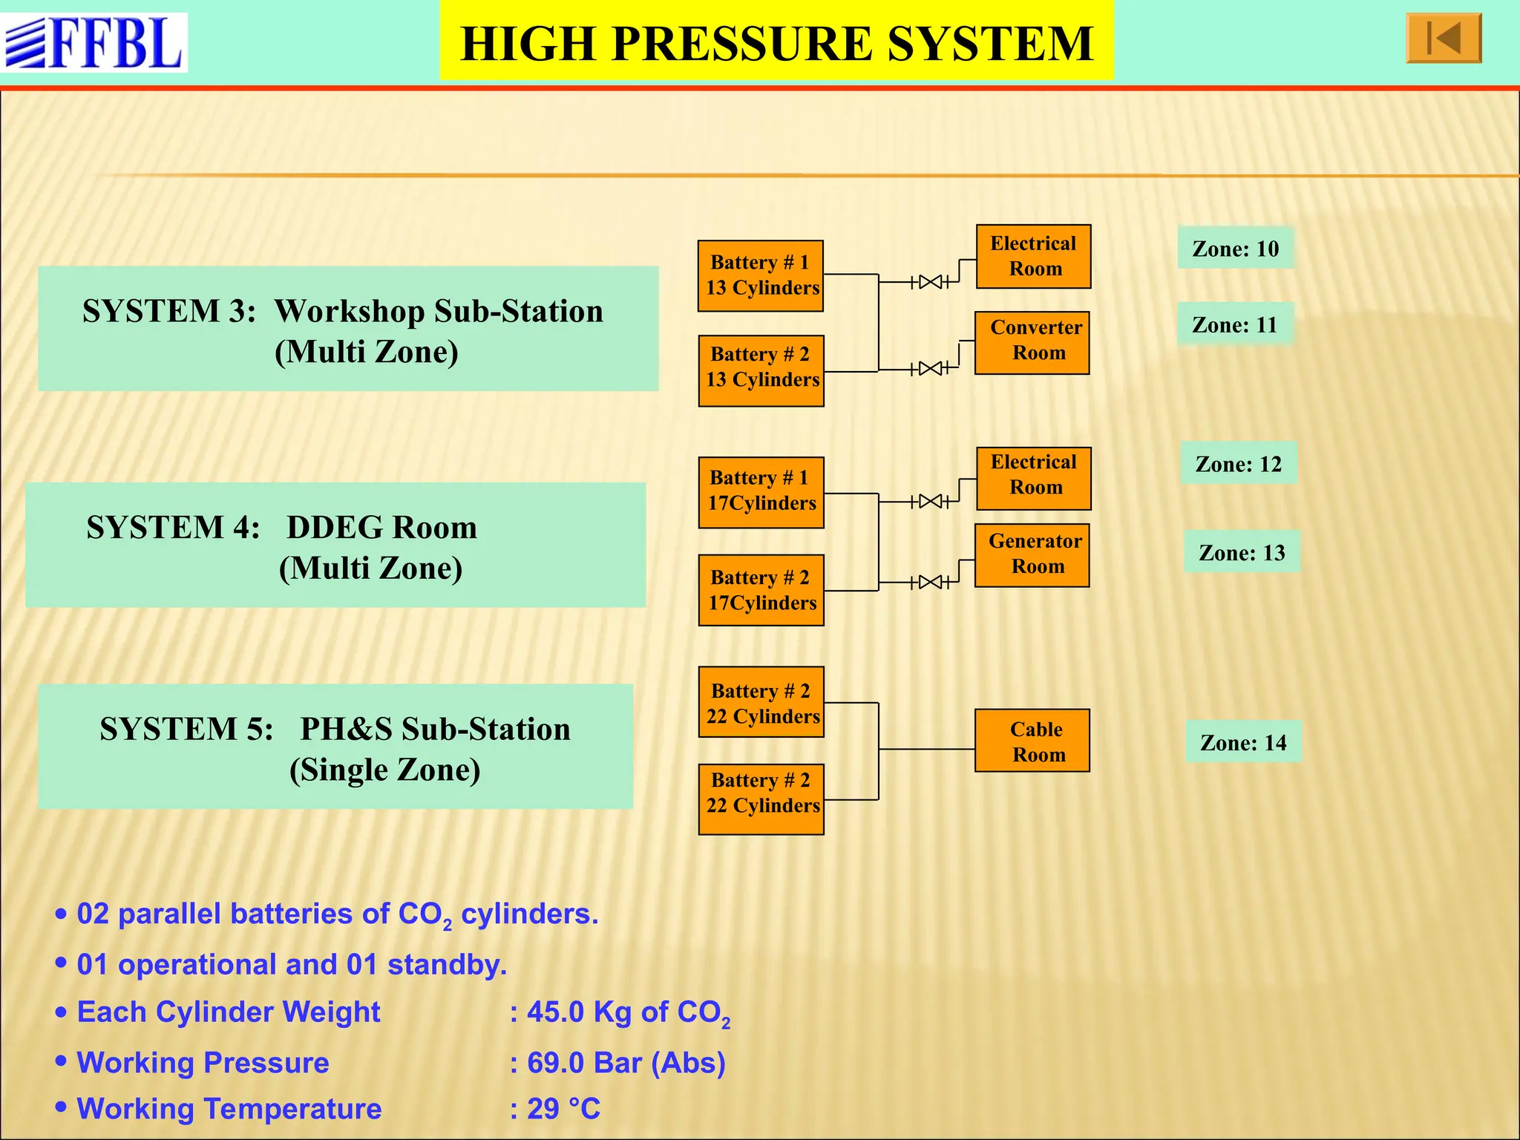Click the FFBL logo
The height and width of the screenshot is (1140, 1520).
[94, 42]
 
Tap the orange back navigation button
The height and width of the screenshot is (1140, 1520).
[1443, 39]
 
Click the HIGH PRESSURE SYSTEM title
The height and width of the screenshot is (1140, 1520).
[776, 42]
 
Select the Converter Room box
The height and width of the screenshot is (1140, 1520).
[1032, 343]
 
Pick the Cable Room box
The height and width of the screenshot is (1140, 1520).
[1032, 741]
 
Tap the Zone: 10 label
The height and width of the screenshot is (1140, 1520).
[1236, 248]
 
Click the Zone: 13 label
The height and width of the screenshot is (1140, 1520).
[1242, 552]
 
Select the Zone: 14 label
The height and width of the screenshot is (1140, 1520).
[1243, 742]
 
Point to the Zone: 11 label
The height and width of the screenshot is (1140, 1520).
[1235, 324]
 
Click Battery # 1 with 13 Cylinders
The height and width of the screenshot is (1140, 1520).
[761, 275]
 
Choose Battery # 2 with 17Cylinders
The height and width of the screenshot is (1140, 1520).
[761, 590]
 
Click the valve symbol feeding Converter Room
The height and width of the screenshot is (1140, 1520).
[930, 368]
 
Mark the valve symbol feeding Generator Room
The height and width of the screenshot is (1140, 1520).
[930, 582]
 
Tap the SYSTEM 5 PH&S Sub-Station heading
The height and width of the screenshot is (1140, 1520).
[335, 747]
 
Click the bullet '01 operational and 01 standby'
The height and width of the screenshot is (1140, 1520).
[291, 964]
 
